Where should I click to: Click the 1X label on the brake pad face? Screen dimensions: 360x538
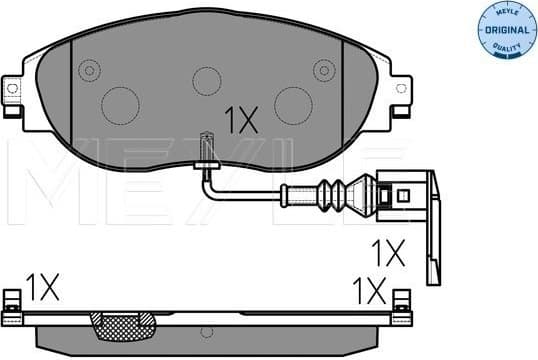coord(241,121)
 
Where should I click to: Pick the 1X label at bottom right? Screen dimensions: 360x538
coord(369,290)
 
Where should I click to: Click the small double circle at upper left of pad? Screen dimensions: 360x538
coord(90,70)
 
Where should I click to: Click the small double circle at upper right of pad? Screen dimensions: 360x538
coord(322,70)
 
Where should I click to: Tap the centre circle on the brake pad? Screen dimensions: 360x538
coord(206,80)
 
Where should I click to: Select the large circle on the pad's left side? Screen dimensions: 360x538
coord(120,102)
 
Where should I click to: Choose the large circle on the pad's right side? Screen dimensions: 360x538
coord(293,102)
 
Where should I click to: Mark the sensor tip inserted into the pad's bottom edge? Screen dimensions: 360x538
coord(206,147)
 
